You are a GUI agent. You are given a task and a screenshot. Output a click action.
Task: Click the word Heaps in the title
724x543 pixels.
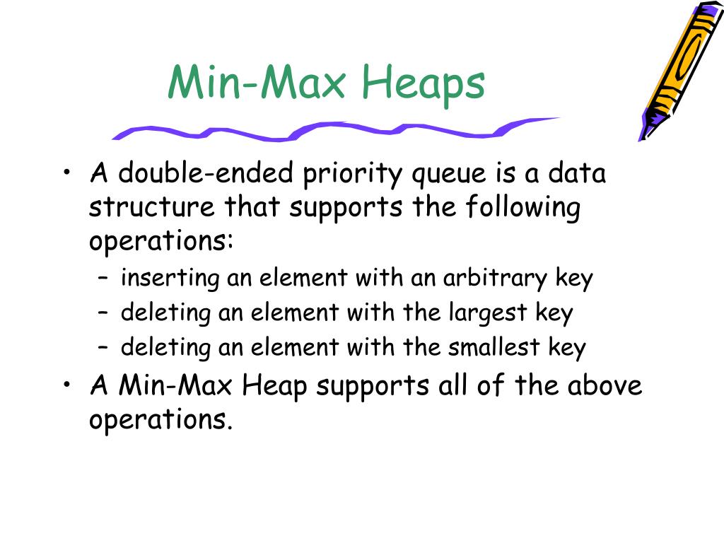click(x=422, y=83)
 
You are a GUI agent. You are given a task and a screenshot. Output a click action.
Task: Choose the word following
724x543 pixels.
click(x=523, y=208)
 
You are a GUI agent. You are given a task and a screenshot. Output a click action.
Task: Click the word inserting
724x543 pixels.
click(x=171, y=279)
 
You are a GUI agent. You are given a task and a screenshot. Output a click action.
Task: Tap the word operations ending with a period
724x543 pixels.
click(x=161, y=421)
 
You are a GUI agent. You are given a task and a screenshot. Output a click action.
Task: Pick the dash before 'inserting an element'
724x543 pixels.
click(x=104, y=279)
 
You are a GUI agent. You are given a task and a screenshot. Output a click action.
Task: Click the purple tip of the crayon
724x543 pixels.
click(x=644, y=134)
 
